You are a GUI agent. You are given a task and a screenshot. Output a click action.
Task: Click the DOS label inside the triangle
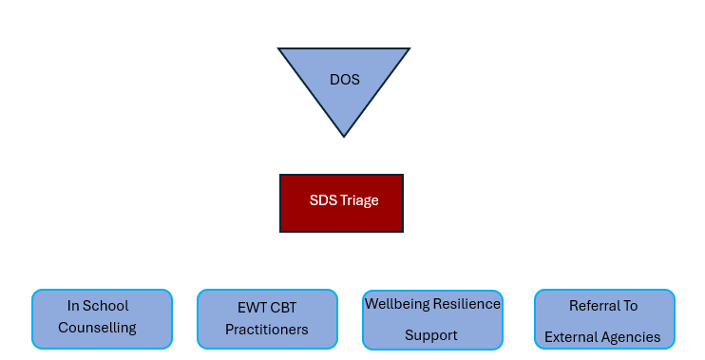pos(344,80)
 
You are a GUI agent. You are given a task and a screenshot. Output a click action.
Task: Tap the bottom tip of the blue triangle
pos(344,137)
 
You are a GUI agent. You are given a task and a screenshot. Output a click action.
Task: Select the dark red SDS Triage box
pos(341,203)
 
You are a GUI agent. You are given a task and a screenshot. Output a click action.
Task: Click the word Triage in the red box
pos(359,200)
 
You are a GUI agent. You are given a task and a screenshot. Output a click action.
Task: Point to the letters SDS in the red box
pos(323,200)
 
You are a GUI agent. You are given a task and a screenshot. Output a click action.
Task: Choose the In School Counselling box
pos(102,319)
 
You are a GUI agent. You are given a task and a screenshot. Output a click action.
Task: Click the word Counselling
pos(97,328)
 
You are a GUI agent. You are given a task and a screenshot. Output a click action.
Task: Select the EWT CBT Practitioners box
pos(267,319)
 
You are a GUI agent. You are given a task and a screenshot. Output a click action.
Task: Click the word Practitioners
pos(267,330)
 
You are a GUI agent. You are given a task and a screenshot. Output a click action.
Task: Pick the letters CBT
pos(283,308)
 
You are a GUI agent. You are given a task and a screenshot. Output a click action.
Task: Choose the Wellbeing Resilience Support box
pos(432,320)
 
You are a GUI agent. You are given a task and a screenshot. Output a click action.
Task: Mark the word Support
pos(431,335)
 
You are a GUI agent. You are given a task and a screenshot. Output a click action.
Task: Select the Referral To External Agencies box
pos(604,319)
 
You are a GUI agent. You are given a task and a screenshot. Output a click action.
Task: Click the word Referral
pos(591,306)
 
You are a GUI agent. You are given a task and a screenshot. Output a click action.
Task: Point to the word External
pos(570,337)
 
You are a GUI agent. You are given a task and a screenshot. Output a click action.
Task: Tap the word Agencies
pos(629,337)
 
